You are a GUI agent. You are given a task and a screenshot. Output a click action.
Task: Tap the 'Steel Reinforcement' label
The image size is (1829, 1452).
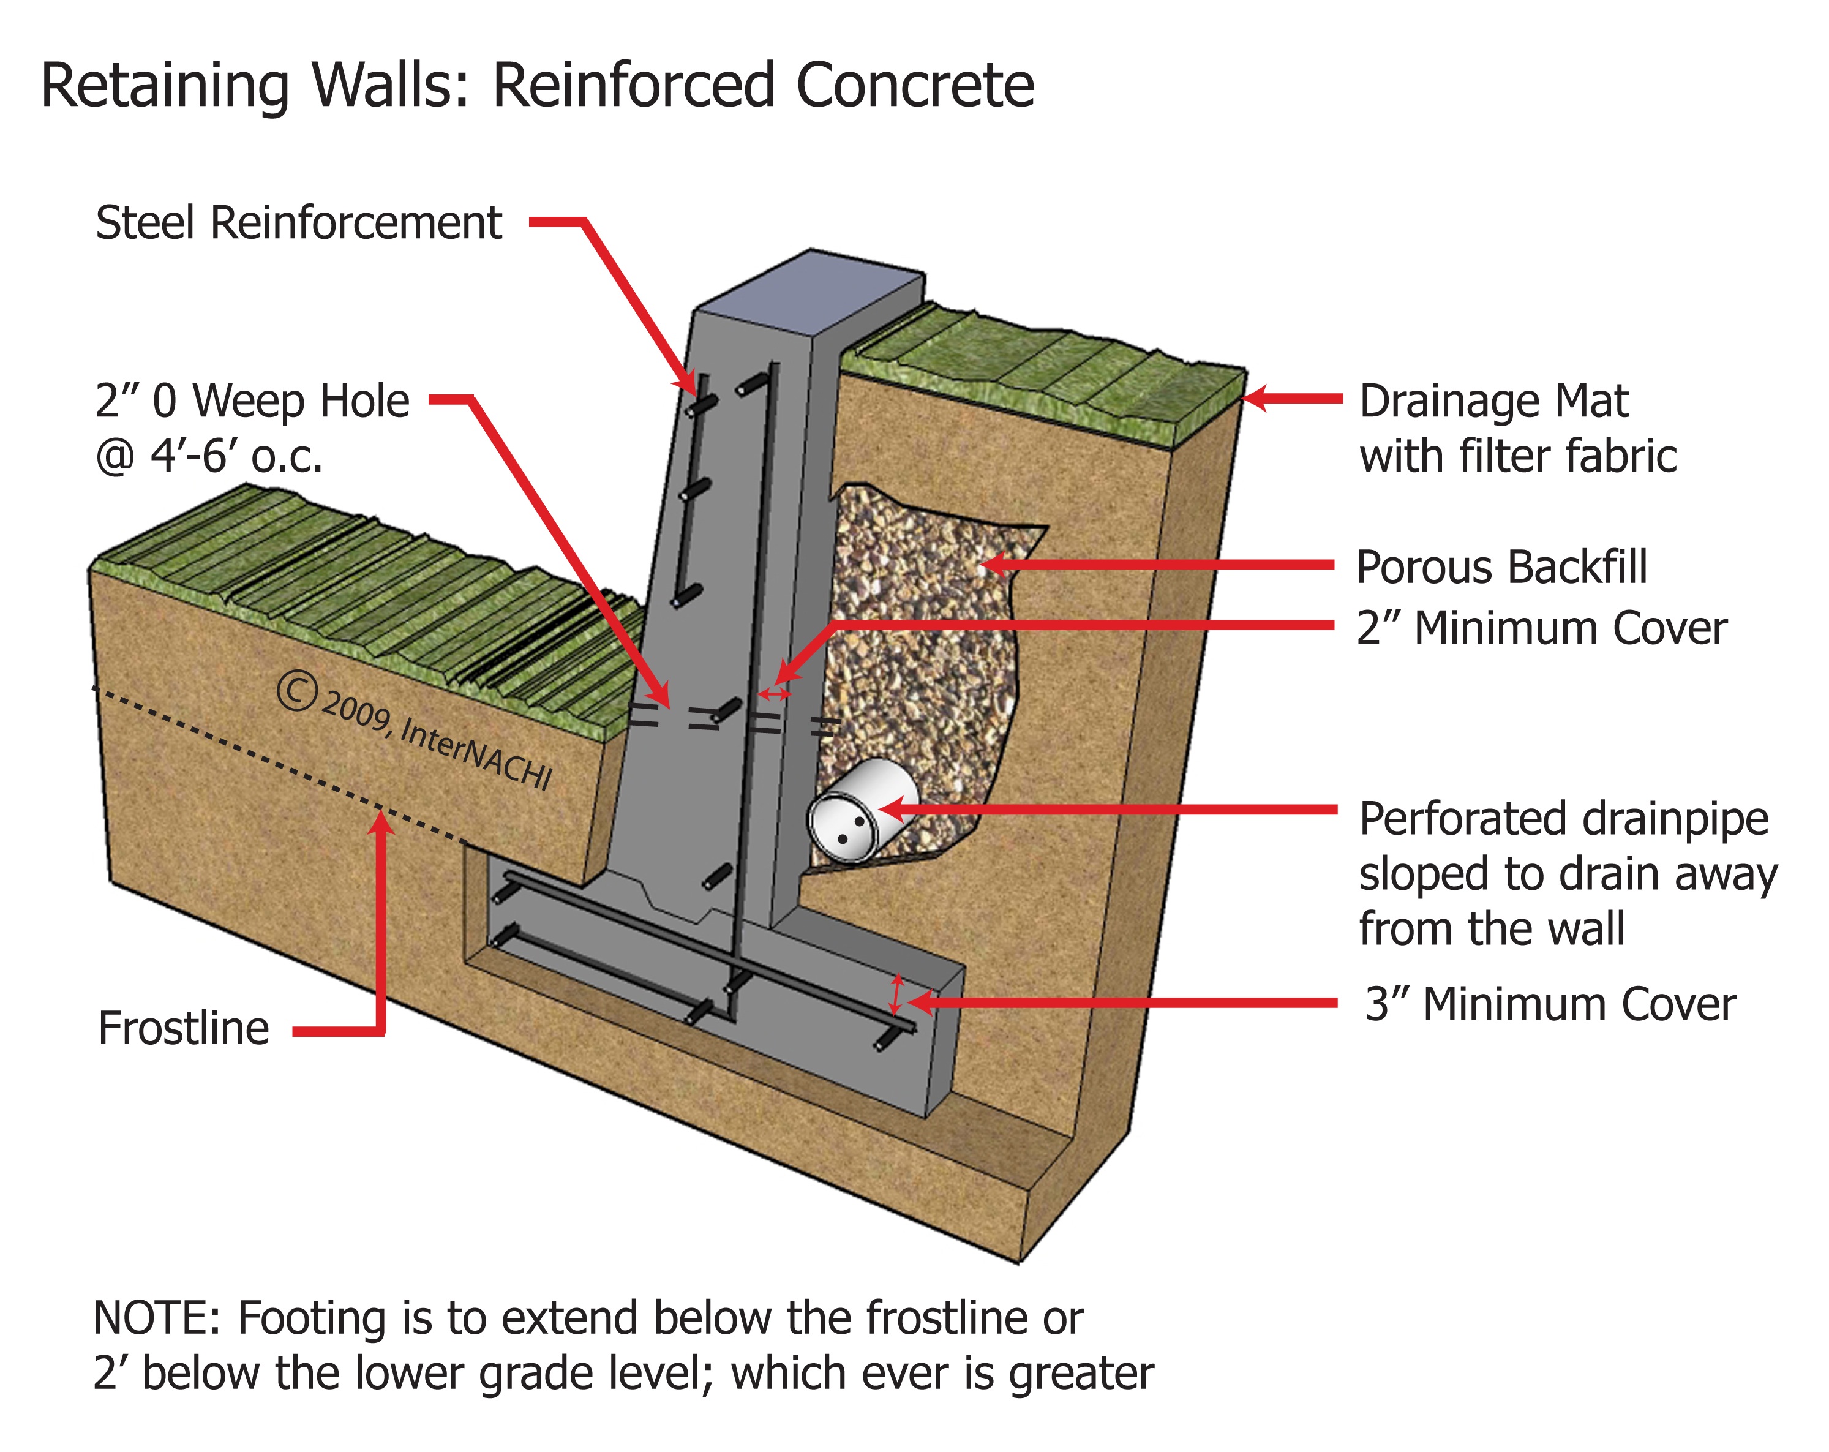(x=299, y=223)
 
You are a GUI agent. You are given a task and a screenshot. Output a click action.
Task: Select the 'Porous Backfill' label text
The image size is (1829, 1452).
(x=1501, y=567)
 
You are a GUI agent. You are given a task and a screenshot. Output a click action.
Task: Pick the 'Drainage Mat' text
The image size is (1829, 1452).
(x=1493, y=401)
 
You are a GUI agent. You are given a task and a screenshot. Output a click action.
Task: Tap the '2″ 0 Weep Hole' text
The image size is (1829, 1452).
(x=252, y=401)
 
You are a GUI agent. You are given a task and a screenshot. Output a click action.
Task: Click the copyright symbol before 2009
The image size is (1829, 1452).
(x=297, y=691)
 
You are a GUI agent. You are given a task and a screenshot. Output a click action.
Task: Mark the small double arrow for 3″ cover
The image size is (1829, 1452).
(x=895, y=994)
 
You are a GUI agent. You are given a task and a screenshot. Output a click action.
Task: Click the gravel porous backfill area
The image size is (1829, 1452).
(x=925, y=645)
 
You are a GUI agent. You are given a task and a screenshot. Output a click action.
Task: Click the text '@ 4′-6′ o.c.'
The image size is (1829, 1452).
(x=209, y=457)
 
